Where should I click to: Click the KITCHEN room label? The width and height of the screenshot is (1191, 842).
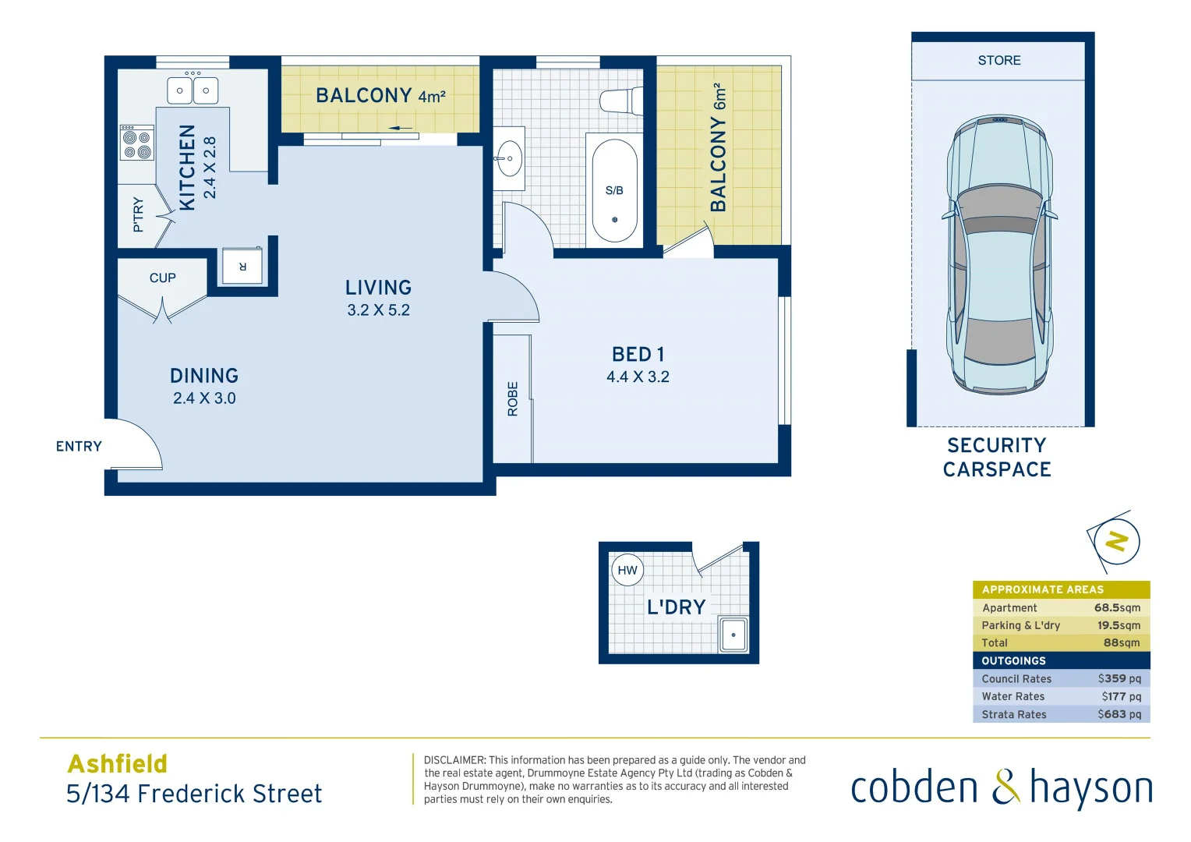pos(187,168)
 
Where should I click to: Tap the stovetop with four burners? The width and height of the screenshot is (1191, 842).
pos(136,143)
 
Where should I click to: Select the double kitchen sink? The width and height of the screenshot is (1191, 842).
pos(193,90)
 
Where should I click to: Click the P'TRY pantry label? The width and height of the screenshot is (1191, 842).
pos(139,214)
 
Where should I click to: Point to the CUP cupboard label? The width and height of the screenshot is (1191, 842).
pos(162,278)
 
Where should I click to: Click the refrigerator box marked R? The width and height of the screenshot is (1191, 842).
pos(242,267)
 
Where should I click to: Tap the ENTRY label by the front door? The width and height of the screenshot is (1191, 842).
pos(79,446)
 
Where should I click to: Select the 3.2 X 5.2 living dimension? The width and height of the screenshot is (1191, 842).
pos(378,310)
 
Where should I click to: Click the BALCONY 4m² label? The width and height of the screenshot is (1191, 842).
pos(380,96)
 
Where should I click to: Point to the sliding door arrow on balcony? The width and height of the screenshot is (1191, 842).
pos(400,128)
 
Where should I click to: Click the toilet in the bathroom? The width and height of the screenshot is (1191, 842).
pos(620,101)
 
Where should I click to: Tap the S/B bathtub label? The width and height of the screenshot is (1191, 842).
pos(614,190)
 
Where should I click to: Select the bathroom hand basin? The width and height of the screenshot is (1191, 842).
pos(509,158)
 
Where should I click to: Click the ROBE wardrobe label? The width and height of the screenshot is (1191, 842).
pos(513,398)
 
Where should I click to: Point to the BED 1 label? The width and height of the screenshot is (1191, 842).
pos(638,355)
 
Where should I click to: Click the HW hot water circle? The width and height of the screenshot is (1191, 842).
pos(627,570)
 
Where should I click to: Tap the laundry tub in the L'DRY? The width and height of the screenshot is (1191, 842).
pos(733,635)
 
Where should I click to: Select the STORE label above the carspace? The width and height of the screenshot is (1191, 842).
pos(998,60)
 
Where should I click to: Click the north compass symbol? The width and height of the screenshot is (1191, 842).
pos(1116,541)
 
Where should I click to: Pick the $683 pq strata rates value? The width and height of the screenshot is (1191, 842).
pos(1119,714)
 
